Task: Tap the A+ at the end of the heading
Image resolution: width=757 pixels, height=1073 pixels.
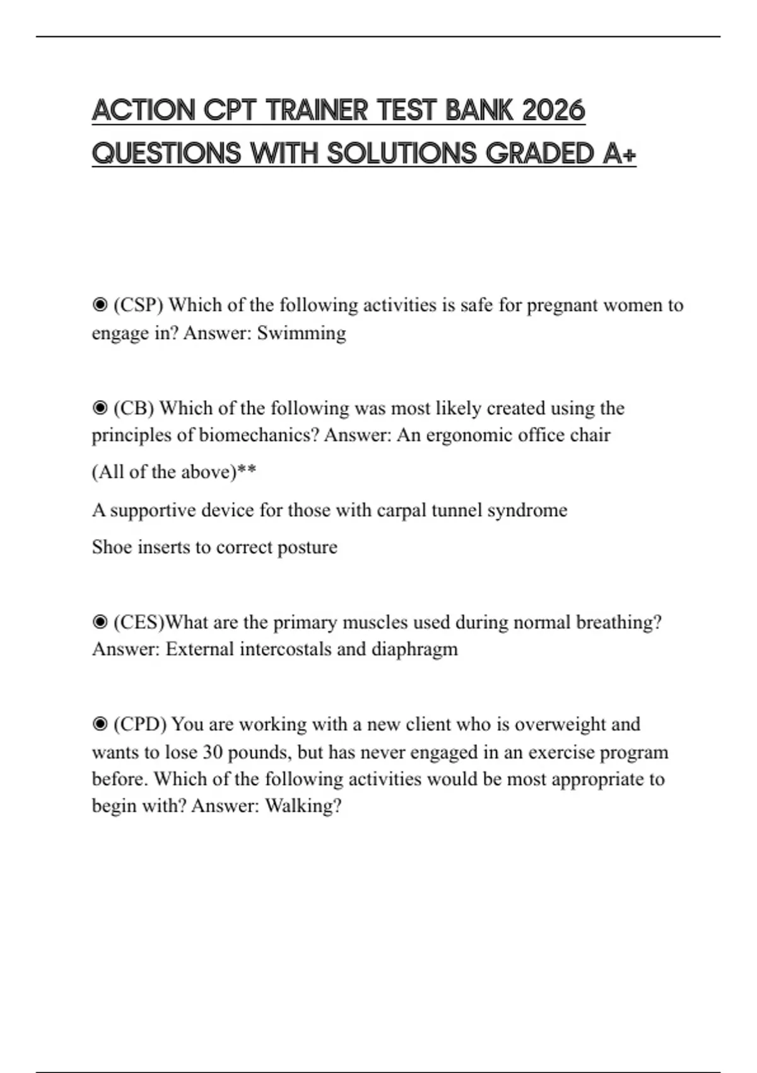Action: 619,153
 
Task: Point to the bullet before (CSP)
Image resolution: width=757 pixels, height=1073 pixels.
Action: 100,305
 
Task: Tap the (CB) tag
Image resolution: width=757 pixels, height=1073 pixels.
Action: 134,408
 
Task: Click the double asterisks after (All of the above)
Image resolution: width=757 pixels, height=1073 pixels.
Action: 247,471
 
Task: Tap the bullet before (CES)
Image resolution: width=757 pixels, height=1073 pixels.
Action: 100,622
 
